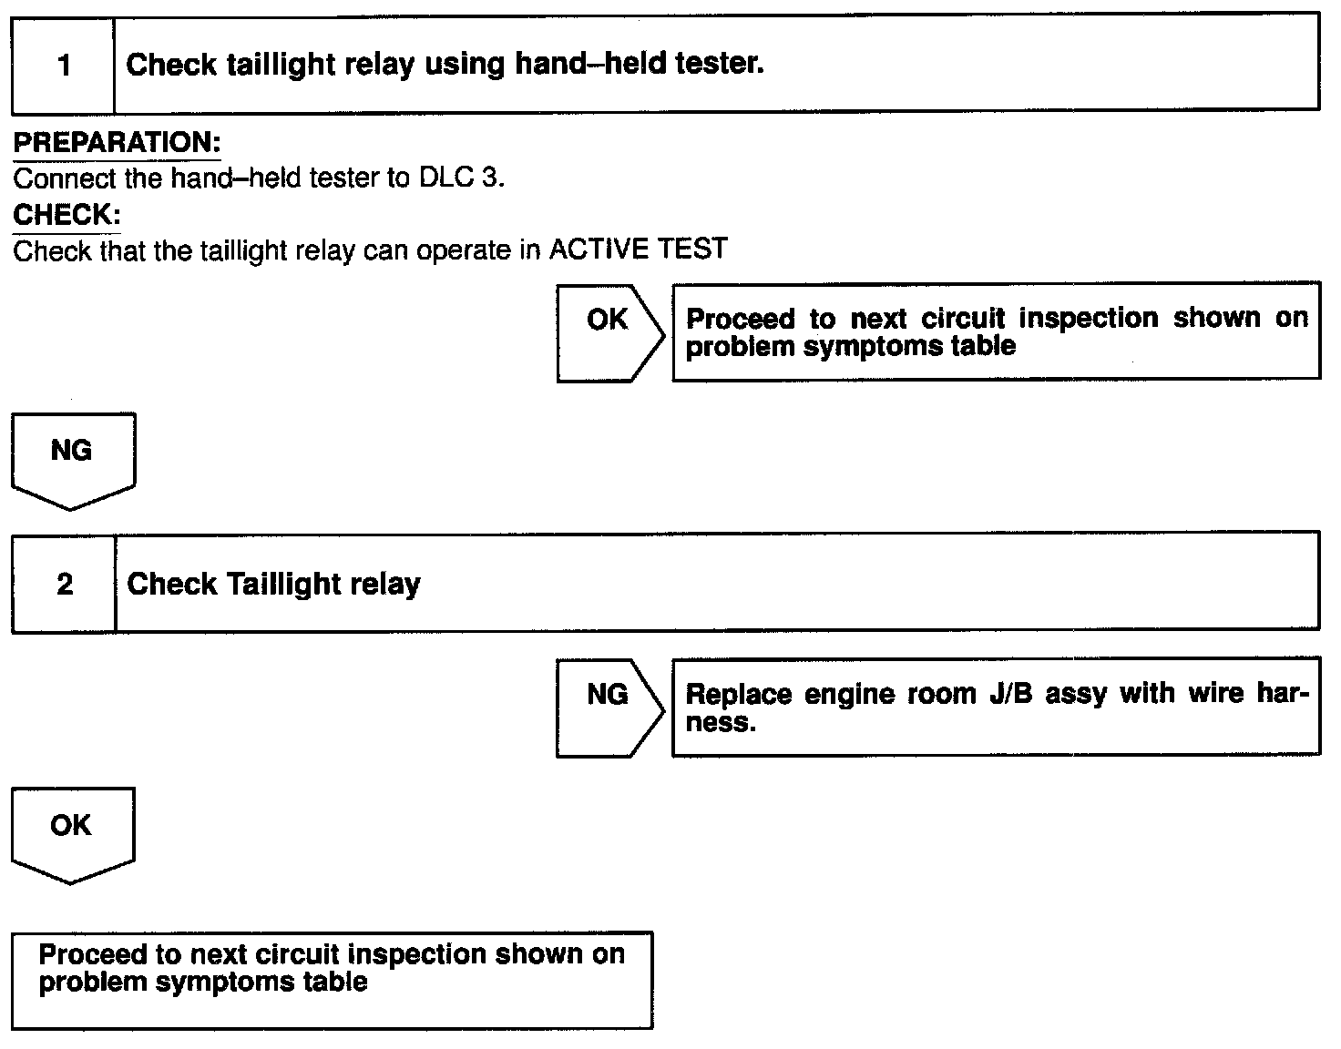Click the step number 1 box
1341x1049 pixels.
(64, 65)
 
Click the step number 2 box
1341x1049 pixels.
(65, 584)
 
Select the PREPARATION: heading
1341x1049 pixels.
(117, 143)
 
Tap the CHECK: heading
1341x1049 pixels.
(67, 215)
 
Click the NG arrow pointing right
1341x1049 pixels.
(609, 706)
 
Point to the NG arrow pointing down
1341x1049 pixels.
(73, 460)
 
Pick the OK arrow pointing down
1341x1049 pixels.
(72, 834)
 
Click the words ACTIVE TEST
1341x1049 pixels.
(638, 249)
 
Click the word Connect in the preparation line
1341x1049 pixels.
(65, 178)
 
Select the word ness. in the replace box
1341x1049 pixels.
(721, 723)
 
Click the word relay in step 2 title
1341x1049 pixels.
(386, 584)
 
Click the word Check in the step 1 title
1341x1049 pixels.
(170, 65)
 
